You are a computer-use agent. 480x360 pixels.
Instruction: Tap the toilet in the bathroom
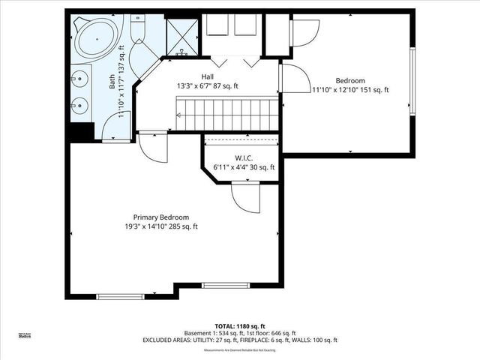click(x=140, y=30)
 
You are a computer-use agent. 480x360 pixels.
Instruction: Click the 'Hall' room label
click(x=207, y=76)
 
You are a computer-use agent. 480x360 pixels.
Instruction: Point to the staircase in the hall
click(x=228, y=114)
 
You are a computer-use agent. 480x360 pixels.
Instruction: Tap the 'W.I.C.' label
click(x=243, y=157)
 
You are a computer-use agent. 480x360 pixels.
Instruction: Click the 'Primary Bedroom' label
click(x=161, y=217)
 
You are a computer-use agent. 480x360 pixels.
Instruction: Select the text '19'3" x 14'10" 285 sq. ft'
click(x=161, y=226)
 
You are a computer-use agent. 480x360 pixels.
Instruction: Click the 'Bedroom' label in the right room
click(x=349, y=80)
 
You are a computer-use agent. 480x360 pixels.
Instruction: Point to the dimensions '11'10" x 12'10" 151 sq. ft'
click(x=349, y=90)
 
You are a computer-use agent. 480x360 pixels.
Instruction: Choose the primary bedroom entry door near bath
click(x=154, y=147)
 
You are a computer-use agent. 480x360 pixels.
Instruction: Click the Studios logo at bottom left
click(x=25, y=336)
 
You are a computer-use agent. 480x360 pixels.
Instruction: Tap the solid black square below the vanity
click(x=80, y=131)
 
